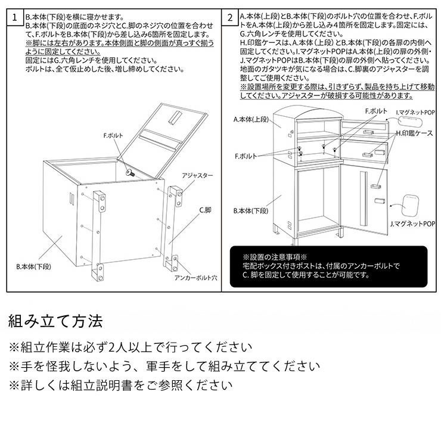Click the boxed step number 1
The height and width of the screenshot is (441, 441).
coord(15,17)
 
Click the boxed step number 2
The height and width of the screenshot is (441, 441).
coord(230,17)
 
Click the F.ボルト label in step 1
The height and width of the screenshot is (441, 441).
coord(113,136)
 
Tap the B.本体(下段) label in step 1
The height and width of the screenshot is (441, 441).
coord(32,267)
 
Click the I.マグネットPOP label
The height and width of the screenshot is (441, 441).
coord(414,111)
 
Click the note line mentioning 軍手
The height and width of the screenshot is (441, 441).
coord(164,366)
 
